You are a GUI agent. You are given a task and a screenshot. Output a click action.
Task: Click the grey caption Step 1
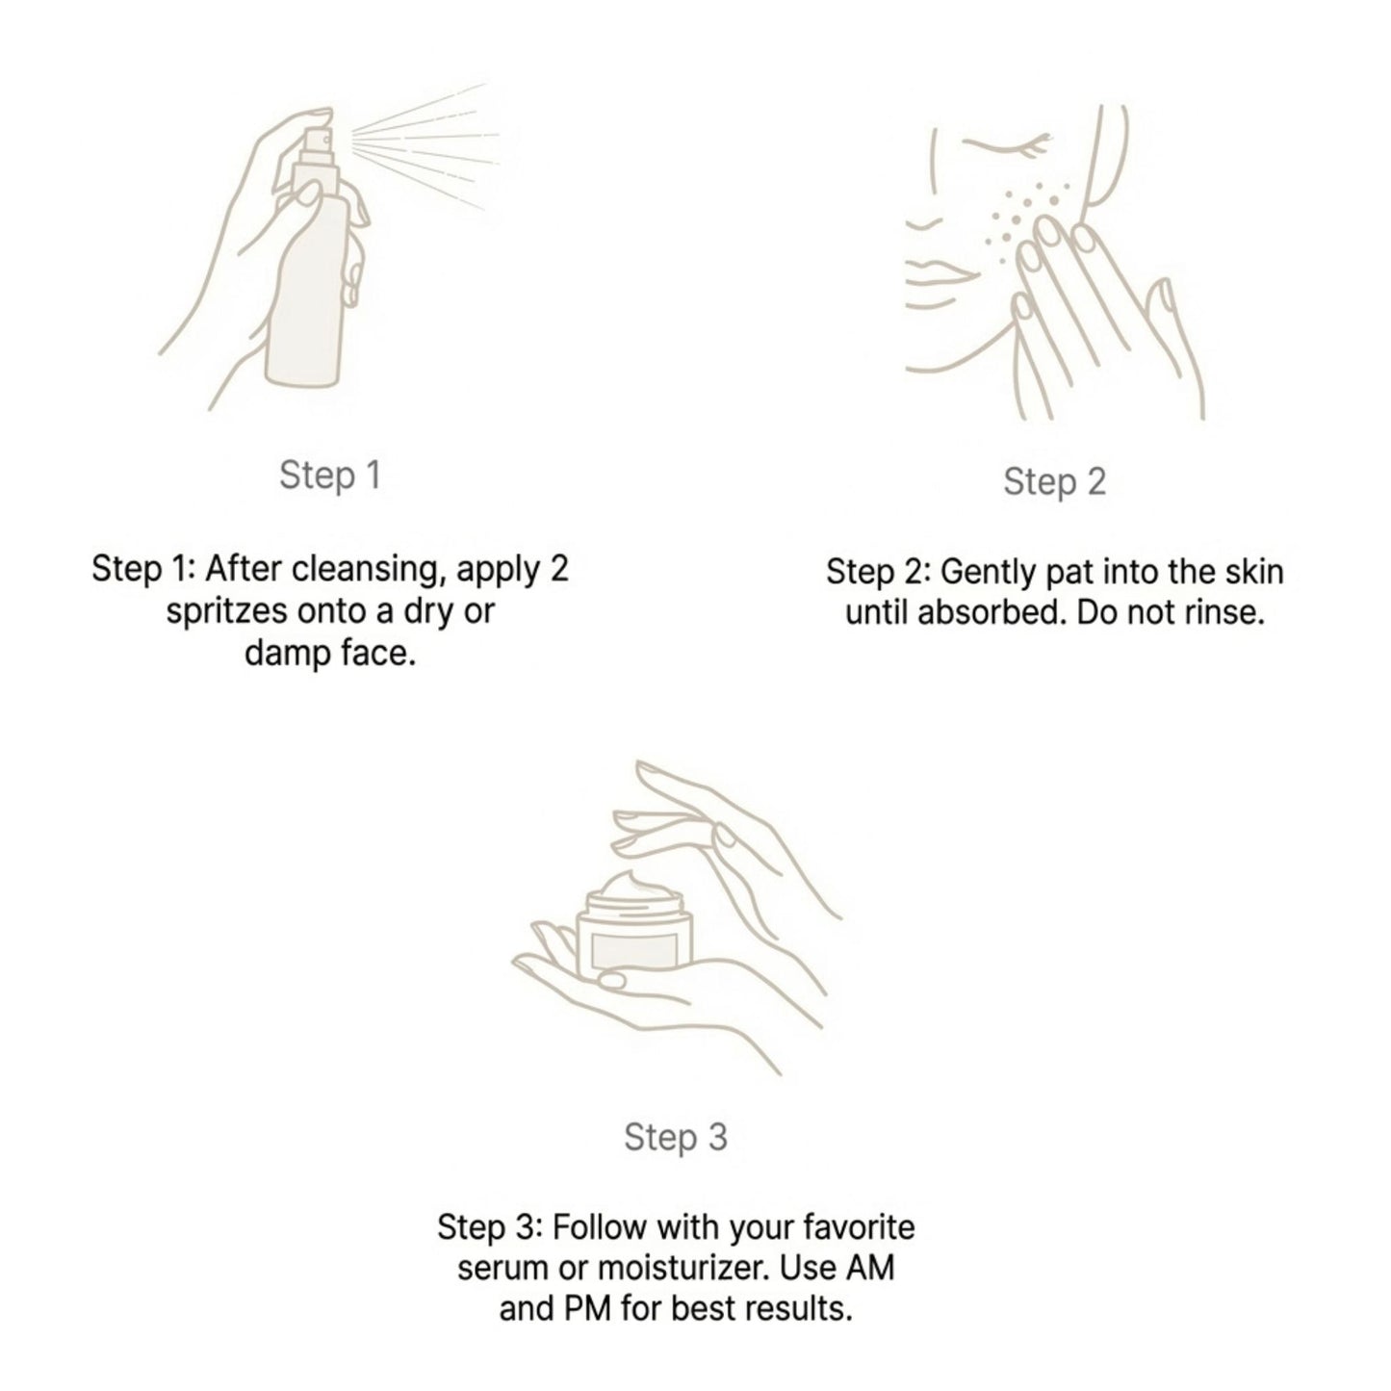330,476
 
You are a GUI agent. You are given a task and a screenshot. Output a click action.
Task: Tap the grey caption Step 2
1054,482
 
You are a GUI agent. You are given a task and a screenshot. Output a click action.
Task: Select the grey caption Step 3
675,1137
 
